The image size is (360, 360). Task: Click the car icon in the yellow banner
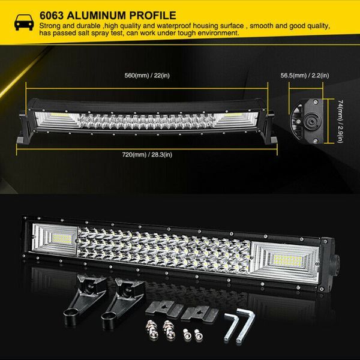(24, 22)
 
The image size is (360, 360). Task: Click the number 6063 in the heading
(52, 16)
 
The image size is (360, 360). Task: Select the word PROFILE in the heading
(152, 16)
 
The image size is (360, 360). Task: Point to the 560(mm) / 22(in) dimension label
(147, 76)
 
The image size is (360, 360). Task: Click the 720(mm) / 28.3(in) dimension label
(147, 155)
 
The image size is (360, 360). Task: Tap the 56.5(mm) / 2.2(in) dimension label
(305, 76)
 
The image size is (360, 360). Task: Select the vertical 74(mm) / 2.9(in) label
(340, 121)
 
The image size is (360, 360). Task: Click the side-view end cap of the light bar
(307, 121)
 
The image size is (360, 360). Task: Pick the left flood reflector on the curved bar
(58, 119)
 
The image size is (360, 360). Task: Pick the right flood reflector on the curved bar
(235, 120)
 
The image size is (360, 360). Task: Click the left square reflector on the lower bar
(55, 239)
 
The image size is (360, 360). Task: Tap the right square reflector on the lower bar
(285, 261)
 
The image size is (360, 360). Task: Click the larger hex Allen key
(245, 325)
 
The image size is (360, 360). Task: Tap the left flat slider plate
(164, 309)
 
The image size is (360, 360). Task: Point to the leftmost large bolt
(151, 329)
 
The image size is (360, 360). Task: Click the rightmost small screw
(197, 335)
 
